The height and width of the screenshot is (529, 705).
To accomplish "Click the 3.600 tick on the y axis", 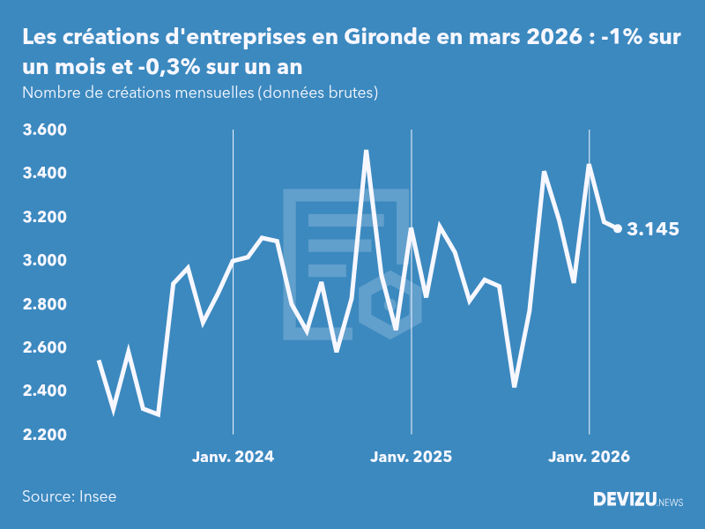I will click(44, 130).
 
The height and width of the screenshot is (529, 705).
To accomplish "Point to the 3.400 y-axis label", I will click(44, 174).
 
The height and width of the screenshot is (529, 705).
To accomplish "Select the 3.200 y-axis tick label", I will click(44, 217).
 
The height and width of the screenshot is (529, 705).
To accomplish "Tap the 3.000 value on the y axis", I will click(44, 261).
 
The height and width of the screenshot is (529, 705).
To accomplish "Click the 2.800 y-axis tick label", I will click(44, 304).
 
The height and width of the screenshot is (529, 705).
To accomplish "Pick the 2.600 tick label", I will click(44, 347).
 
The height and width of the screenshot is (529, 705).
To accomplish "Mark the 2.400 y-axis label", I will click(44, 391).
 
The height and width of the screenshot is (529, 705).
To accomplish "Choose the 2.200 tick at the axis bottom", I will click(44, 435).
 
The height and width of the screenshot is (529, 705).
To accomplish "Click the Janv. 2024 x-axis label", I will click(233, 457).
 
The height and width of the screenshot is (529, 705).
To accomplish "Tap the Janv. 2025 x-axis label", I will click(411, 457).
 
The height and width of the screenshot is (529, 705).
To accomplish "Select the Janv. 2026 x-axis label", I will click(590, 457).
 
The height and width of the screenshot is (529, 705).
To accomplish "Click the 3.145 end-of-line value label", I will click(653, 229).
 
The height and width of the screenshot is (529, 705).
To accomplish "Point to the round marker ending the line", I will click(618, 228).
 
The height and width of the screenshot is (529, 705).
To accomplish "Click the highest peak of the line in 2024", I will click(366, 151).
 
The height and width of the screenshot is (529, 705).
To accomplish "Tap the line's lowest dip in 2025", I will click(515, 386).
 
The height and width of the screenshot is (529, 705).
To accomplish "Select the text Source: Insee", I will click(69, 496).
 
